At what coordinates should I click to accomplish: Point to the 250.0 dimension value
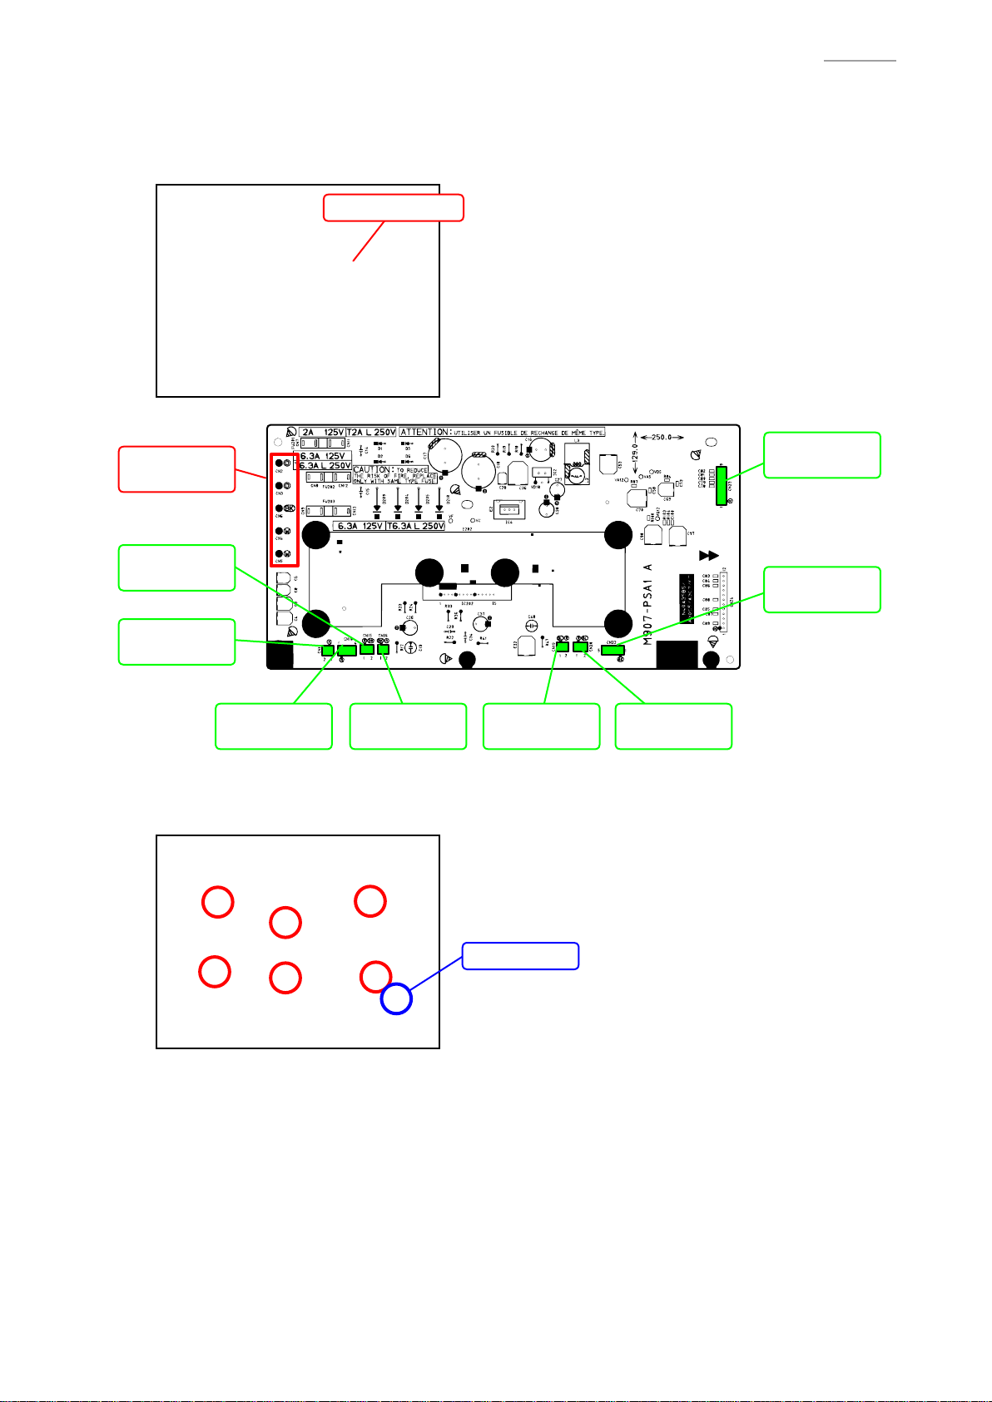click(x=662, y=436)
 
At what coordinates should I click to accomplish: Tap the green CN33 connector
click(x=613, y=650)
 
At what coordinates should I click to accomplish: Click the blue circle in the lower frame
click(x=396, y=998)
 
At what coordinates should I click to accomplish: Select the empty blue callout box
click(x=520, y=956)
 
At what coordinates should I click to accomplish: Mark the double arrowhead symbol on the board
click(x=708, y=555)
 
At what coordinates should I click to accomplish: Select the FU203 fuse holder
click(x=329, y=511)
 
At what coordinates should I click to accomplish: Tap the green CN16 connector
click(x=383, y=649)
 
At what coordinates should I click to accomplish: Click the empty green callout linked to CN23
click(x=821, y=455)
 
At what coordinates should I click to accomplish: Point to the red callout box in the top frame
click(x=393, y=208)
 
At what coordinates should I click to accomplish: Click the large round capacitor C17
click(x=445, y=456)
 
